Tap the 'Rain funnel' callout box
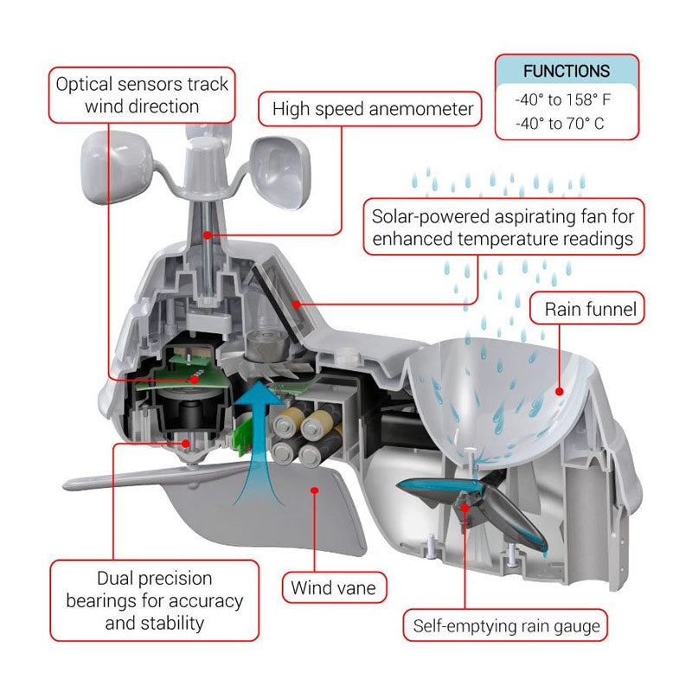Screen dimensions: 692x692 point(591,309)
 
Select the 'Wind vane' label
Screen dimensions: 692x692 point(334,587)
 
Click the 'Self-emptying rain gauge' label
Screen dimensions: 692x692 point(506,625)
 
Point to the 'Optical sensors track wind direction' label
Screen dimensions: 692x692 point(142,95)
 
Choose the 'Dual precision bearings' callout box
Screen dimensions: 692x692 point(154,599)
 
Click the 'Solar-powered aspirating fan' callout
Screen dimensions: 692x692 point(503,227)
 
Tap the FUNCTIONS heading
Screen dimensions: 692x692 point(567,71)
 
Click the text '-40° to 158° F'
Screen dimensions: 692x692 point(563,99)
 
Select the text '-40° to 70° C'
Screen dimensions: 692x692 point(560,124)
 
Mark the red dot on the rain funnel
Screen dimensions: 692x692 point(560,391)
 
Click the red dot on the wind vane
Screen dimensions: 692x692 point(317,490)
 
